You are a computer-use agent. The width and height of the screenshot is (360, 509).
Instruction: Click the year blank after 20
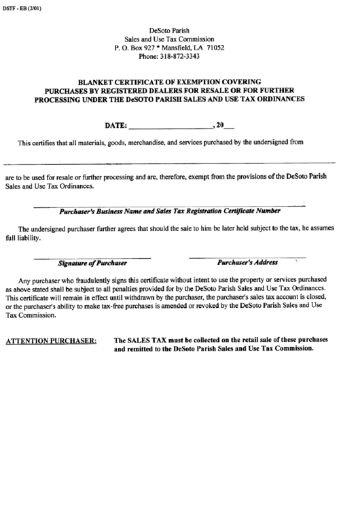pyautogui.click(x=230, y=126)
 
